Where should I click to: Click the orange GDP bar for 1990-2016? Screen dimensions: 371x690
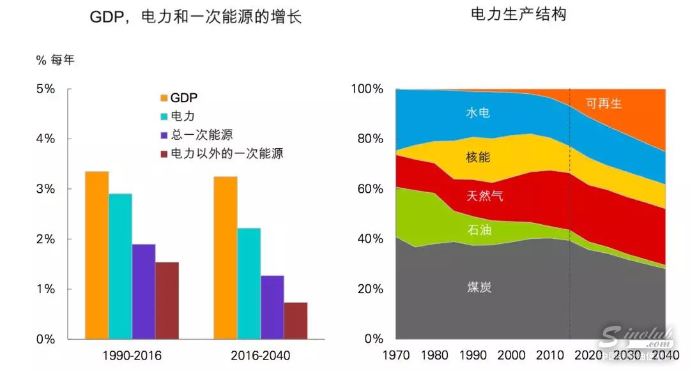click(x=97, y=255)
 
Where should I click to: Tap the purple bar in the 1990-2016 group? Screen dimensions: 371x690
click(x=144, y=291)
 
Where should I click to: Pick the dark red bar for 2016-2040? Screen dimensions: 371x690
click(x=295, y=321)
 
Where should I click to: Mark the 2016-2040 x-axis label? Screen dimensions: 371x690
click(x=260, y=355)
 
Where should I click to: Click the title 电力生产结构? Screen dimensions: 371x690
click(x=518, y=14)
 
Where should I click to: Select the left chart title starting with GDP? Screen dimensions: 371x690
click(x=195, y=17)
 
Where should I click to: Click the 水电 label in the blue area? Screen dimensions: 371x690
click(x=478, y=113)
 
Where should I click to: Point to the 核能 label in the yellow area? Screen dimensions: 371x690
click(x=478, y=156)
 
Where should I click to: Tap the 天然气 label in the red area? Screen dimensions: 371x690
click(x=484, y=196)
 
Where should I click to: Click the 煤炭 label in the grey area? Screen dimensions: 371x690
click(x=478, y=287)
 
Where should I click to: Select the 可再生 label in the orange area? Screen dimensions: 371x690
click(x=604, y=103)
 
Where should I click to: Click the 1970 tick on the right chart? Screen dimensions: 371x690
click(x=397, y=355)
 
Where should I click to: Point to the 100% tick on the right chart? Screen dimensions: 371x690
click(x=367, y=89)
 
